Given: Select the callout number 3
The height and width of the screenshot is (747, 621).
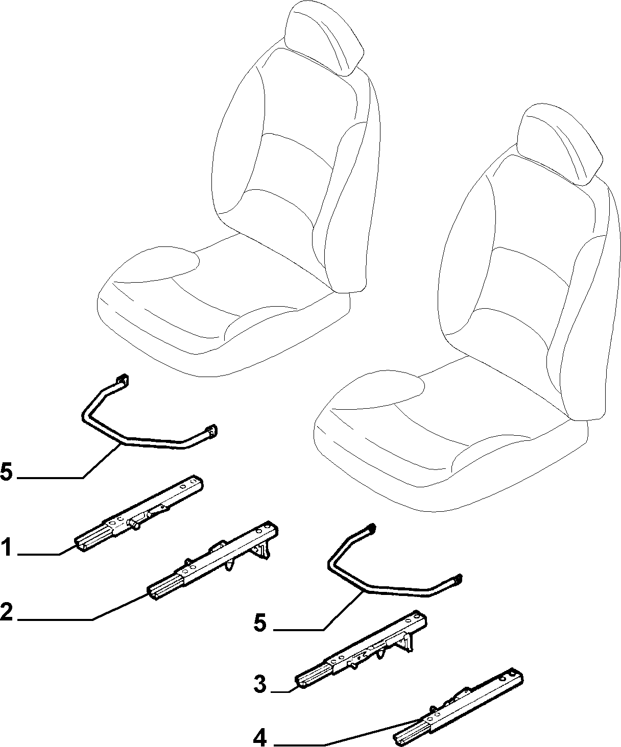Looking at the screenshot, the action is coord(260,684).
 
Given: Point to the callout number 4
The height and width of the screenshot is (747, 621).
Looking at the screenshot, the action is coord(260,737).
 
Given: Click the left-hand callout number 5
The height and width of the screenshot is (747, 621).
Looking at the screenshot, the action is coord(7,471).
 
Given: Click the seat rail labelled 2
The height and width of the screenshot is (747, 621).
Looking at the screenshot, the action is coord(213,560).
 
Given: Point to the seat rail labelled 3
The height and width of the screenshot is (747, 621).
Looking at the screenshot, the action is coord(361,650).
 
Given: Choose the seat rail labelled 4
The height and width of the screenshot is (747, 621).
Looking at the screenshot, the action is coord(459,707).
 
